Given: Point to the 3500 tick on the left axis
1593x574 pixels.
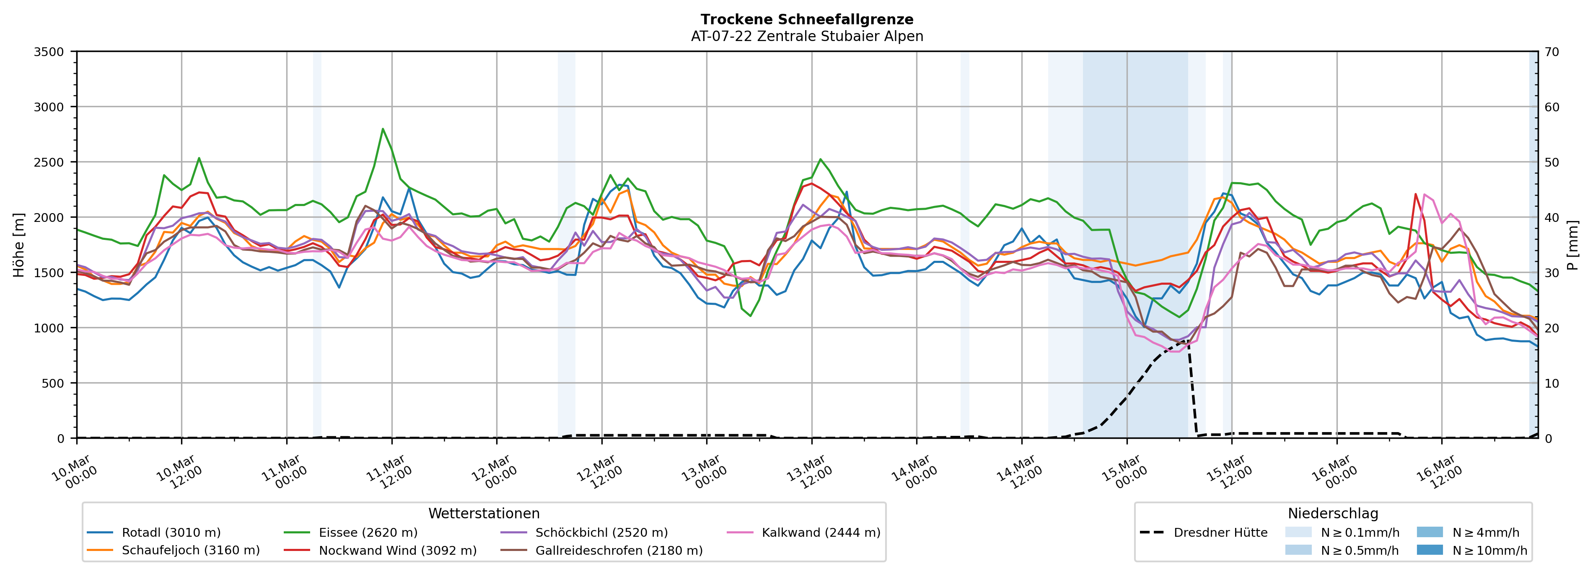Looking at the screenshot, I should pos(49,52).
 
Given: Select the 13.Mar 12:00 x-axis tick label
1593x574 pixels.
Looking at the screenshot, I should pos(809,473).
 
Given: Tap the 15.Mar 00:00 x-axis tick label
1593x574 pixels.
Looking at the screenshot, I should pos(1124,473).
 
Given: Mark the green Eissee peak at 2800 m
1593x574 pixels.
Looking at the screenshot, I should pos(383,129).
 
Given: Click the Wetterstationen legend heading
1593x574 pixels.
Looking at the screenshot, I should pos(484,513).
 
